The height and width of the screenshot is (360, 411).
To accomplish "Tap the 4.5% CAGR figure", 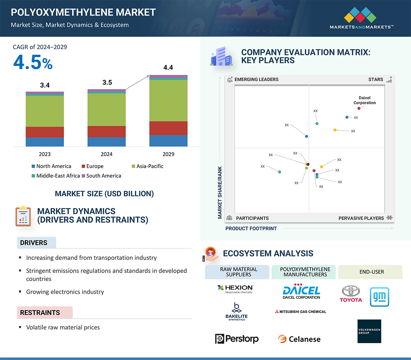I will pos(33,62).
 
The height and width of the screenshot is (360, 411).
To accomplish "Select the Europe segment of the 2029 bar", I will pos(168,128).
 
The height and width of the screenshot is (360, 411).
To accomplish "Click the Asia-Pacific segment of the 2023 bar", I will pos(45,111).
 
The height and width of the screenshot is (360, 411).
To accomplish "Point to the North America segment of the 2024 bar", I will pos(106,142).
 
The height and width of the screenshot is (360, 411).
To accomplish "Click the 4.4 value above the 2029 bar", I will pos(168,68).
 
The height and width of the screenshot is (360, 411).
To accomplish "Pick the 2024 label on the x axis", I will pos(106,154).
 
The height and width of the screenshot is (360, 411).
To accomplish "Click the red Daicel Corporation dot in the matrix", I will pos(359,108).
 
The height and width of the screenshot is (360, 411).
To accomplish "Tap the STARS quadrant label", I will pos(376,79).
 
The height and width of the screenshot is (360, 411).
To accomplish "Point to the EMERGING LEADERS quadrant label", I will pos(256,79).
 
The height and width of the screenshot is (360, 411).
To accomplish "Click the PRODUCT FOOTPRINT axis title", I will pos(251,228).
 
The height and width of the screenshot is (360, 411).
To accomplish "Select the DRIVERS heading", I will pos(34,243).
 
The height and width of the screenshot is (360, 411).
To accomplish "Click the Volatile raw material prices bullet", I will pos(63,327).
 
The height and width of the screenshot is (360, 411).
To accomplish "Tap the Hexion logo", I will pos(235,289).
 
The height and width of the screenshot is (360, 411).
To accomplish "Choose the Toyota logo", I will pos(351,294).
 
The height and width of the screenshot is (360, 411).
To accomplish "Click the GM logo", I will pos(379,297).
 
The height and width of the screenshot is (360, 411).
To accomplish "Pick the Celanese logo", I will pos(299,339).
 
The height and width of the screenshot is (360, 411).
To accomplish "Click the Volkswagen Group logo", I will pos(369,331).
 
